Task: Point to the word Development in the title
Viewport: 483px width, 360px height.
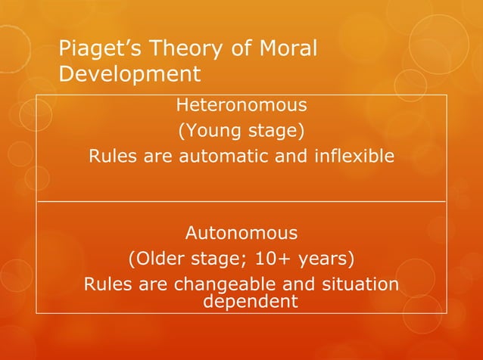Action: (x=129, y=75)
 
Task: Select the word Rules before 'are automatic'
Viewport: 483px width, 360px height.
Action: (x=111, y=157)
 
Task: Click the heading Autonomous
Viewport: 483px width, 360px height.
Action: (x=241, y=232)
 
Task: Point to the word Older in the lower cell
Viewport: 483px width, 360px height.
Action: (x=162, y=259)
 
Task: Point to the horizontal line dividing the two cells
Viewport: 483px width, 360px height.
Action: (x=241, y=202)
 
